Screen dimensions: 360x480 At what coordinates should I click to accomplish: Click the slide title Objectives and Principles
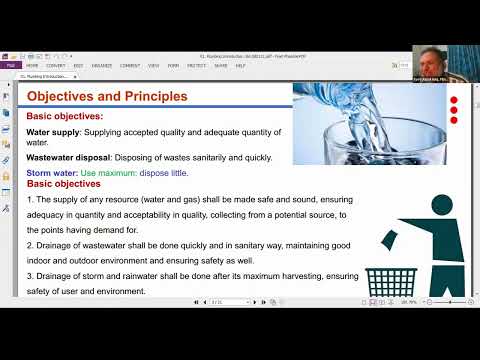point(106,97)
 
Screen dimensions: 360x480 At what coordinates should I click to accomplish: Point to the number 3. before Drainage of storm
point(30,274)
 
